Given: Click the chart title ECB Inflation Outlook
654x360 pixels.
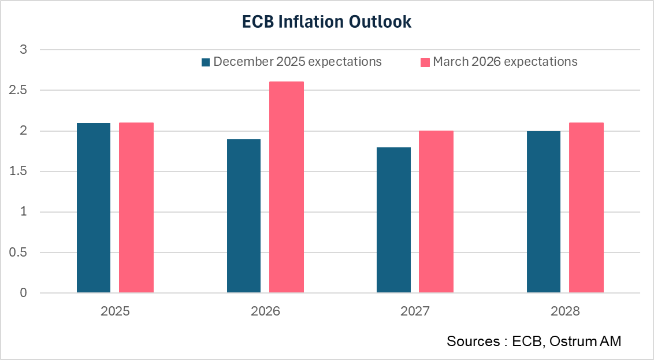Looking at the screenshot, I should pos(326,22).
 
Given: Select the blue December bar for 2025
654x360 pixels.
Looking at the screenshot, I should pos(94,208).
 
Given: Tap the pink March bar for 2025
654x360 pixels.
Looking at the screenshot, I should pos(136,208).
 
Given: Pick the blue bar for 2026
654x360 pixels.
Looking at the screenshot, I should pos(243,216).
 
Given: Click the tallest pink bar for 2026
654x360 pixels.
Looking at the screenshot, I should pos(287,187).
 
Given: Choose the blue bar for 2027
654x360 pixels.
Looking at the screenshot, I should pos(393,220).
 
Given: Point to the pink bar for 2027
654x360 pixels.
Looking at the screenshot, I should pos(436,212).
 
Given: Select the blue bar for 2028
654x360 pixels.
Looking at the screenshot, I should pos(544,212).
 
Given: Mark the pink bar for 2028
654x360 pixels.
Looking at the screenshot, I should pos(586,208).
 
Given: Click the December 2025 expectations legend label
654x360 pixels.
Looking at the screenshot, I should pos(298,61).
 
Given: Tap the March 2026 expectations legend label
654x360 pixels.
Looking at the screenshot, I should pos(505,61).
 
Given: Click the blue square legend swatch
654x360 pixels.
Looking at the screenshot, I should pos(206,62).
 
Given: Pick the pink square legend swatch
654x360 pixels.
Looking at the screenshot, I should pos(425,62).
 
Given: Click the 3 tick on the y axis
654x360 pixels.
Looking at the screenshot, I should pos(24,50).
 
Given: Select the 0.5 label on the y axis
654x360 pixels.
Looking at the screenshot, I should pos(20,253).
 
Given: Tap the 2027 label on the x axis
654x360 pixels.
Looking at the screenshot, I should pos(415,311).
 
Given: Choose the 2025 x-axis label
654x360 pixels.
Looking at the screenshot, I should pos(115,311).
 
